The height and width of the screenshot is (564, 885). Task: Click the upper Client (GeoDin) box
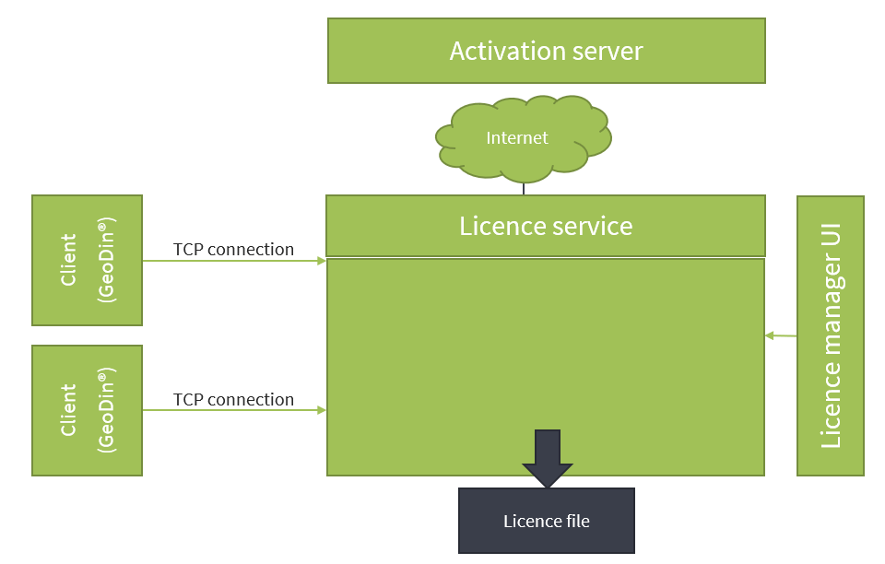tap(88, 260)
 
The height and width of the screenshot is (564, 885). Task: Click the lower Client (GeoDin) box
tap(88, 410)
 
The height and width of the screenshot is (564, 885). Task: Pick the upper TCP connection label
tap(233, 249)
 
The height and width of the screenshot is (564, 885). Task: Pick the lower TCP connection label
tap(233, 399)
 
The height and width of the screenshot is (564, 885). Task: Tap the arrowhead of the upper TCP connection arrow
tap(322, 261)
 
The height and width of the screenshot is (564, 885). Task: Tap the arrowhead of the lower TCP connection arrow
tap(322, 410)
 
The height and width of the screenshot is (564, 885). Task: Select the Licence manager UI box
tap(831, 335)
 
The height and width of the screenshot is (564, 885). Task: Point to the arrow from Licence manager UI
tap(780, 335)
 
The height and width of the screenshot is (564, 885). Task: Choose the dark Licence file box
tap(547, 521)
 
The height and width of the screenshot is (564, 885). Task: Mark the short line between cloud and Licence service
tap(524, 188)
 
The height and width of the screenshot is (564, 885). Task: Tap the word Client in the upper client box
tap(69, 260)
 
